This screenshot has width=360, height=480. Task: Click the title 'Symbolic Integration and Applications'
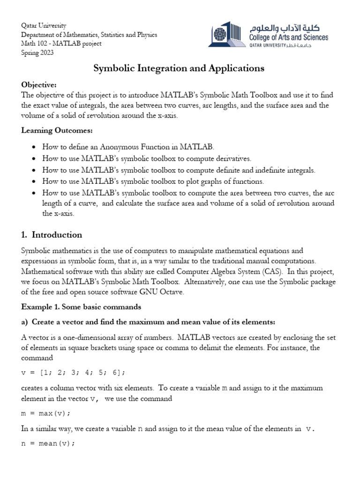pyautogui.click(x=179, y=68)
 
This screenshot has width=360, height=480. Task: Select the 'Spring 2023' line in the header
pyautogui.click(x=37, y=53)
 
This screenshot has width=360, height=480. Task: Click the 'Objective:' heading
pyautogui.click(x=39, y=84)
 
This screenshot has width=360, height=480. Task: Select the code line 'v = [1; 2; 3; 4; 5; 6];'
pyautogui.click(x=74, y=372)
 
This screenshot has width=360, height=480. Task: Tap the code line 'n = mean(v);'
pyautogui.click(x=48, y=443)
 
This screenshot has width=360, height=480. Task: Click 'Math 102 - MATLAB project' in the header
pyautogui.click(x=61, y=44)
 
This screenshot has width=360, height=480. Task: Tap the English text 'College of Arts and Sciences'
pyautogui.click(x=289, y=37)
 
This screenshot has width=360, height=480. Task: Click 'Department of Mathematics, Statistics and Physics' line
pyautogui.click(x=89, y=35)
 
